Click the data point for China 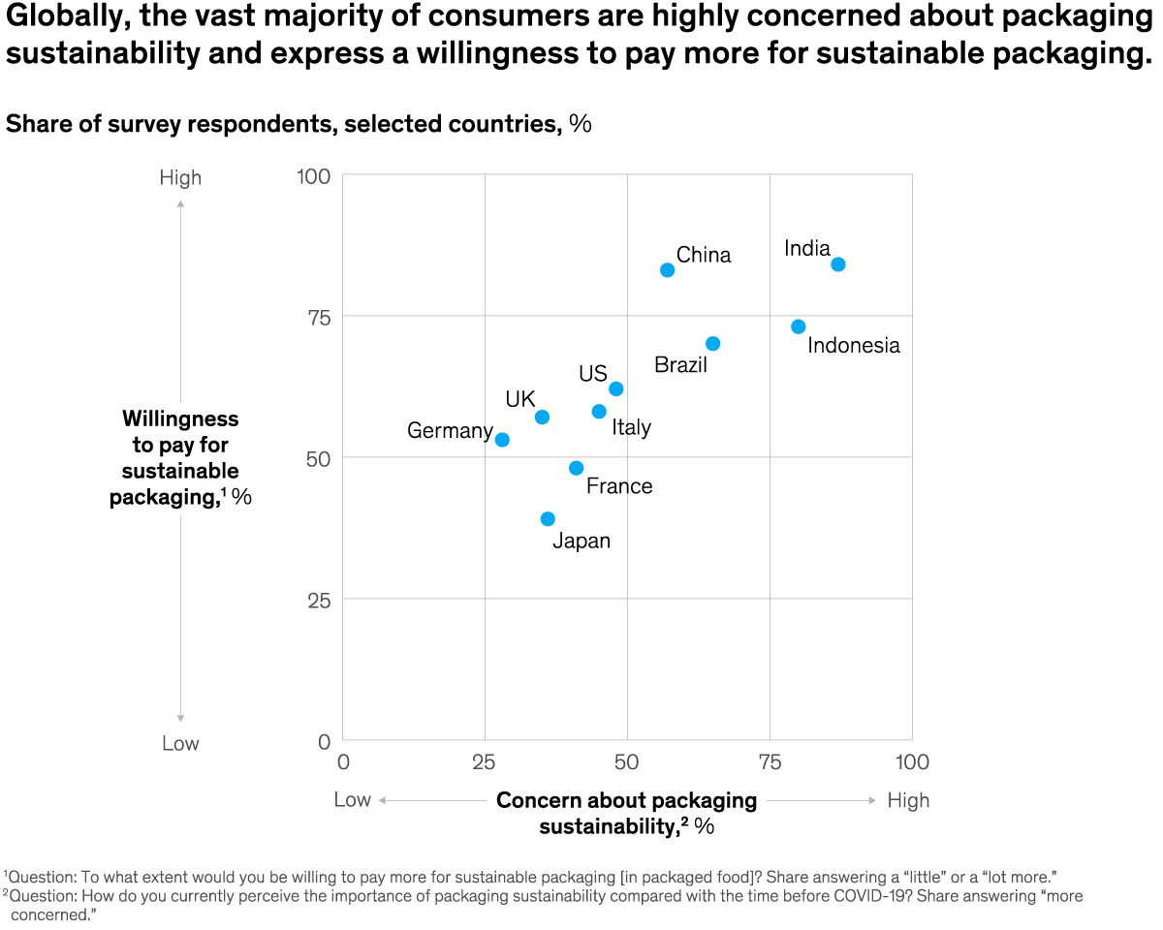tap(667, 270)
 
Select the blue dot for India tap(838, 264)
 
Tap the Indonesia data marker tap(799, 326)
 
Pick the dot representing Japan tap(548, 519)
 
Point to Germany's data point tap(502, 440)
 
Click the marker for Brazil tap(713, 344)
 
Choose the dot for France tap(577, 468)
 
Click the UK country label tap(520, 399)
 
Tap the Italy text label tap(631, 427)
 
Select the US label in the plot tap(593, 374)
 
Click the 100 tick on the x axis tap(911, 762)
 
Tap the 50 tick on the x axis tap(627, 762)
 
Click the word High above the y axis tap(180, 178)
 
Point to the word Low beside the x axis tap(353, 800)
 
